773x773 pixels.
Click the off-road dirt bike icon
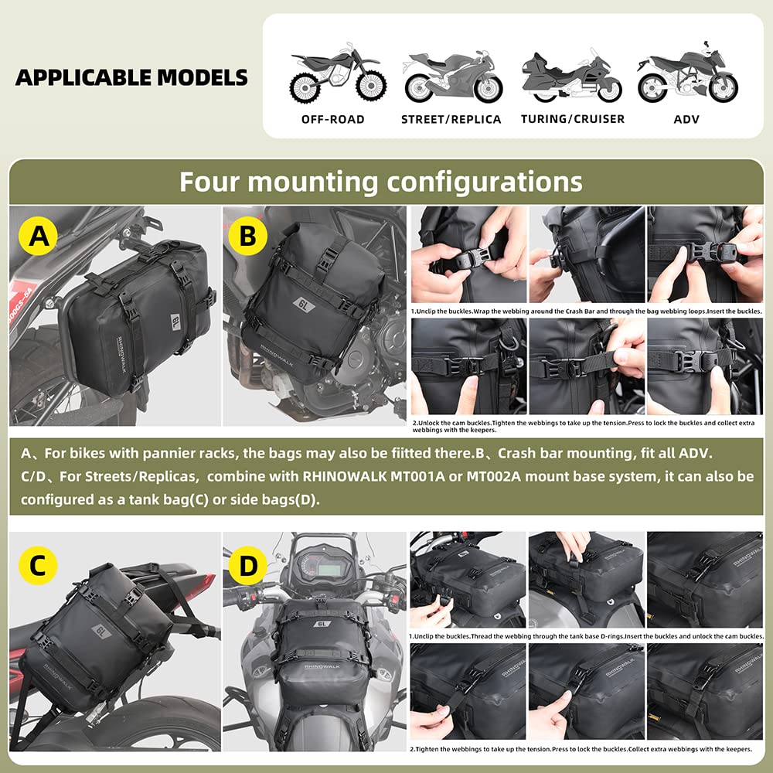[332, 76]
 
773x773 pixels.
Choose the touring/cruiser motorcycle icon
[571, 76]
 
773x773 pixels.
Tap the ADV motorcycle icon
[687, 74]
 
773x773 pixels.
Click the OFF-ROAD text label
[332, 119]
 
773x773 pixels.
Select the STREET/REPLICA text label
[451, 119]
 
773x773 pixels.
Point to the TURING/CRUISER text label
[572, 119]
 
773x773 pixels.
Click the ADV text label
[687, 119]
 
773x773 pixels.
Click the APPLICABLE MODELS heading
[131, 77]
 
